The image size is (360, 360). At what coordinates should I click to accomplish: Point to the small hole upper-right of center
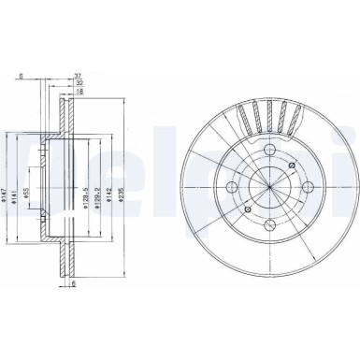[291, 166]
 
